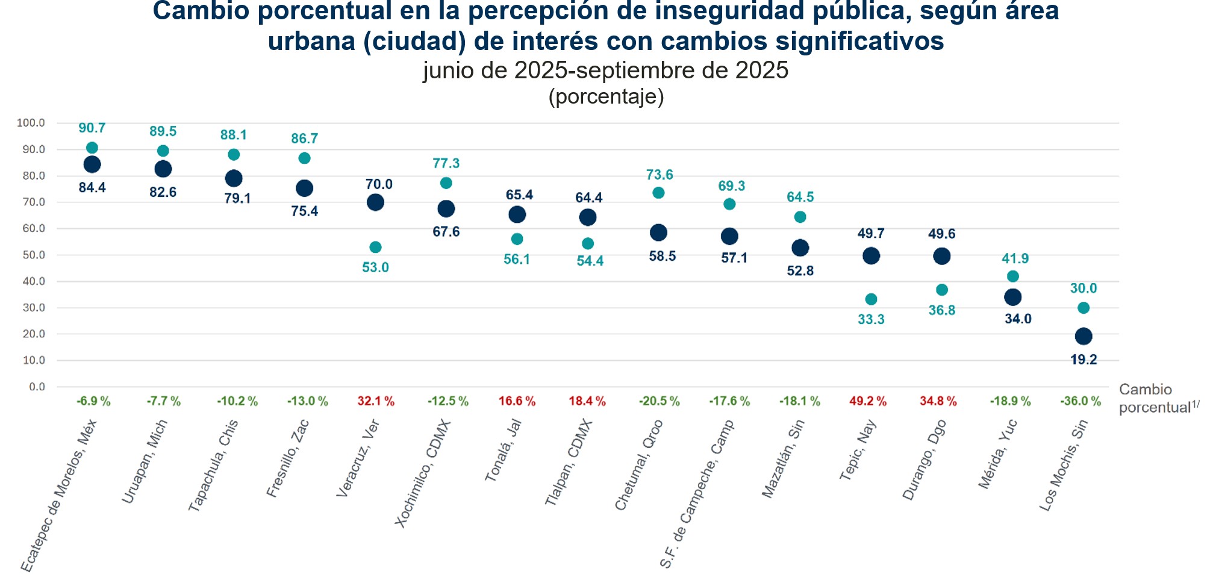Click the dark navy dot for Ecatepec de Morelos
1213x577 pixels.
click(x=92, y=164)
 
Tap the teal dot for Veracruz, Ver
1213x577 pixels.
click(x=375, y=247)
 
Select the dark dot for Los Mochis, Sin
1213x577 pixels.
click(x=1084, y=336)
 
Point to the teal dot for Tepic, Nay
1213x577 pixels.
click(x=871, y=299)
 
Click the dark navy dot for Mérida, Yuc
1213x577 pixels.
click(x=1013, y=297)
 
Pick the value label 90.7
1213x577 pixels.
click(x=92, y=128)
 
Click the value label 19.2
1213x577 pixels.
click(x=1084, y=360)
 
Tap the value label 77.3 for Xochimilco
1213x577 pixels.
click(x=446, y=163)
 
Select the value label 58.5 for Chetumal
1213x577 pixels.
click(x=663, y=256)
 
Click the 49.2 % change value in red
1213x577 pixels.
click(x=868, y=401)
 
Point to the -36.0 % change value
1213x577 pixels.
click(x=1080, y=401)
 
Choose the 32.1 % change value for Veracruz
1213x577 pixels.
click(x=376, y=401)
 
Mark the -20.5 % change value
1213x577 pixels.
click(x=660, y=401)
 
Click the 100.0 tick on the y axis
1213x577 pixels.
click(x=31, y=123)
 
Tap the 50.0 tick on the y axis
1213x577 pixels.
click(x=33, y=255)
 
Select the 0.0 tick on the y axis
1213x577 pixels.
click(x=37, y=387)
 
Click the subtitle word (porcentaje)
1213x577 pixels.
click(x=606, y=96)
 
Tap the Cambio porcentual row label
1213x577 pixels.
click(x=1154, y=398)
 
